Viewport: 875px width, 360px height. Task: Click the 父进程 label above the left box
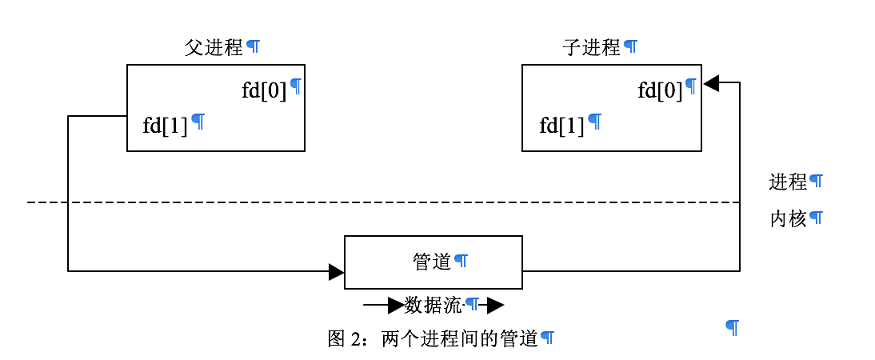(213, 47)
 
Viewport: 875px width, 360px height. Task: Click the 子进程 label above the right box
(591, 47)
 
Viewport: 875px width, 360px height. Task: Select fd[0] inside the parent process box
(264, 90)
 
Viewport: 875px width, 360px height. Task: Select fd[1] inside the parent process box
(165, 126)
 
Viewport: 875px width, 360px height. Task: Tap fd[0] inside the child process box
(660, 90)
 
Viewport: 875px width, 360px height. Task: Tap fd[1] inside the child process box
(561, 126)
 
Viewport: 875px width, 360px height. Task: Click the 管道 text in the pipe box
(432, 262)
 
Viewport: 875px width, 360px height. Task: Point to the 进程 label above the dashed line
(788, 182)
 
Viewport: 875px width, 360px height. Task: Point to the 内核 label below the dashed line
(788, 218)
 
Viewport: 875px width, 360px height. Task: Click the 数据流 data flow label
(433, 305)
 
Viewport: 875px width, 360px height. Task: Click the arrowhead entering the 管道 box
(337, 272)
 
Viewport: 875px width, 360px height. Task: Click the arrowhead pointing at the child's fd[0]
(711, 82)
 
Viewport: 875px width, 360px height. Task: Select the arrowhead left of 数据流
(396, 305)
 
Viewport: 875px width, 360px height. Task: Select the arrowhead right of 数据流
(495, 305)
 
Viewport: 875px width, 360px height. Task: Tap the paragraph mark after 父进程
(253, 46)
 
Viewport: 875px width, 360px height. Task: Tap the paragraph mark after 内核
(816, 218)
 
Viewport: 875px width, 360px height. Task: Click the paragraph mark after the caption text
(547, 338)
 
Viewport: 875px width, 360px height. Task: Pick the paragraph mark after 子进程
(630, 46)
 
